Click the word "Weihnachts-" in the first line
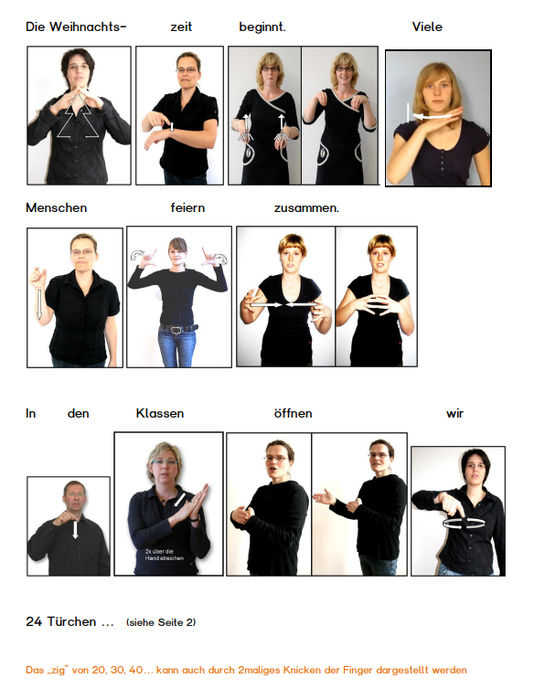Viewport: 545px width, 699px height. click(88, 26)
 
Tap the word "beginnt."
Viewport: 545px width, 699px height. click(262, 27)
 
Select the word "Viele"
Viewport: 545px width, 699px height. click(427, 26)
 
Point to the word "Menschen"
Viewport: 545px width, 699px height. click(56, 207)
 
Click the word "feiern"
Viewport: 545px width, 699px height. click(187, 207)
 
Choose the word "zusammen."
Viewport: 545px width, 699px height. click(306, 208)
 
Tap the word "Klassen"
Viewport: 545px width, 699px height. click(160, 413)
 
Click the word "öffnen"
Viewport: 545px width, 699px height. click(293, 413)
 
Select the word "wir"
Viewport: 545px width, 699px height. click(454, 414)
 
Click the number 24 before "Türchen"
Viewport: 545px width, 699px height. click(34, 621)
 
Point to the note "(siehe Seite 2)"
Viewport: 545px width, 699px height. click(161, 622)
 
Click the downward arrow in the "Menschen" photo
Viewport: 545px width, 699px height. click(39, 304)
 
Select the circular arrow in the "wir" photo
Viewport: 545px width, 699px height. click(464, 524)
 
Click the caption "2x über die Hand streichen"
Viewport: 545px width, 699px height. click(164, 555)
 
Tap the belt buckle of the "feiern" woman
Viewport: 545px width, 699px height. click(176, 330)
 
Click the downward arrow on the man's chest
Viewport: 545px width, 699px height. click(75, 530)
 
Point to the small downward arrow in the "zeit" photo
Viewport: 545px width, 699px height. click(172, 127)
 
